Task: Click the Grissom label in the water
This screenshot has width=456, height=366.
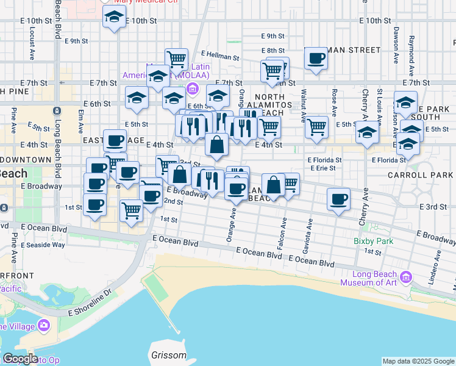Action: pyautogui.click(x=168, y=355)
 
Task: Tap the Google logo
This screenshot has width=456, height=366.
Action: pyautogui.click(x=20, y=359)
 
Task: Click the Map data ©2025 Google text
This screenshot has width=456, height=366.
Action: pyautogui.click(x=418, y=361)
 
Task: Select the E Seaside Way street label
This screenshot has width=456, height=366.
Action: pyautogui.click(x=42, y=245)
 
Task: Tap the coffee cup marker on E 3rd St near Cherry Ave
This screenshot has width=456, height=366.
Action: pyautogui.click(x=339, y=198)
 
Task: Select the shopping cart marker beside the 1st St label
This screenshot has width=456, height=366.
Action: pyautogui.click(x=131, y=211)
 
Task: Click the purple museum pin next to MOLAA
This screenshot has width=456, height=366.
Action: pyautogui.click(x=193, y=90)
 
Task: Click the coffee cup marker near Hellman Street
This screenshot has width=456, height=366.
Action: pyautogui.click(x=316, y=59)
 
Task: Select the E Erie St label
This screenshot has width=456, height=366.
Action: pyautogui.click(x=324, y=168)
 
